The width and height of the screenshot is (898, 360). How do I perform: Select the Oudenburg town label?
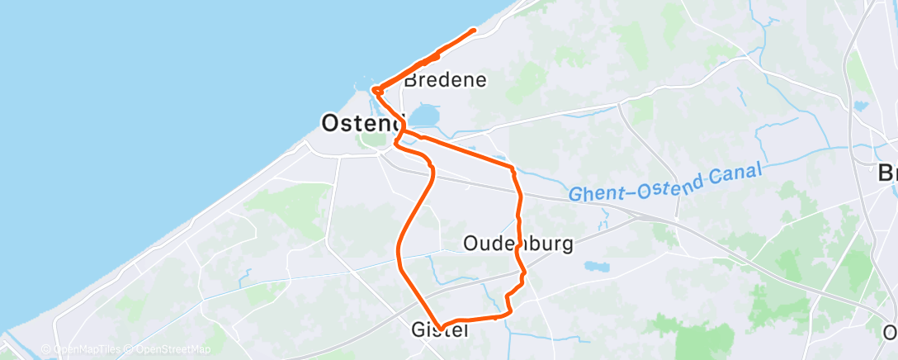click(518, 244)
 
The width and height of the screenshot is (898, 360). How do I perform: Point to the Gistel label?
click(440, 330)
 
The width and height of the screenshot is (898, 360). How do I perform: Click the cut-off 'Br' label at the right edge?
click(887, 174)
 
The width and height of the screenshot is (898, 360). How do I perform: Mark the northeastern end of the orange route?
click(474, 31)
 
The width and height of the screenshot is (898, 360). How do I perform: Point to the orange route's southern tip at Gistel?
click(442, 325)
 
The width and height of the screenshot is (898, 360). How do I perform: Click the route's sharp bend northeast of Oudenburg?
click(513, 168)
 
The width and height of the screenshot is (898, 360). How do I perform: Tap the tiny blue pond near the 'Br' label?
click(862, 106)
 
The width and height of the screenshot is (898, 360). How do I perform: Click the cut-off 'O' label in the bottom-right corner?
click(890, 333)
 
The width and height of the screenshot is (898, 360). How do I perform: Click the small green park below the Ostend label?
click(368, 140)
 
